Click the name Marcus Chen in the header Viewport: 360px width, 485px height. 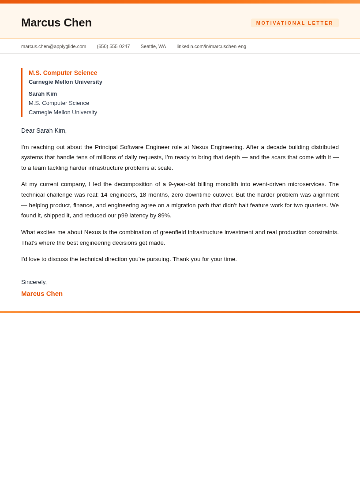pos(56,22)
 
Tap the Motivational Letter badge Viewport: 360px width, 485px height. pos(295,23)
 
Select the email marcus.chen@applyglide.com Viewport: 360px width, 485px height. pos(53,46)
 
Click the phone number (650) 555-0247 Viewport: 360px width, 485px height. pos(113,46)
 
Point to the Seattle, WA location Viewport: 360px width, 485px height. pos(153,46)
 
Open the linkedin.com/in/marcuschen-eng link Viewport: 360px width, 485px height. pos(211,46)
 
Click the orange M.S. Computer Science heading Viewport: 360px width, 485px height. pos(63,73)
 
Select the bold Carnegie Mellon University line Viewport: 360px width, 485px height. pos(65,82)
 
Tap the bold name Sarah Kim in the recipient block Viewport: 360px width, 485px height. pos(43,93)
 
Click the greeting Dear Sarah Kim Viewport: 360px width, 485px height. pos(44,131)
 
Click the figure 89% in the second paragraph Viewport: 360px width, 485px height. pos(164,216)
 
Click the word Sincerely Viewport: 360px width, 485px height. pos(34,282)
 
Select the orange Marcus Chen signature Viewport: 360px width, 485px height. pos(42,294)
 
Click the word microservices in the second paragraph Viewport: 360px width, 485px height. pos(307,184)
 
